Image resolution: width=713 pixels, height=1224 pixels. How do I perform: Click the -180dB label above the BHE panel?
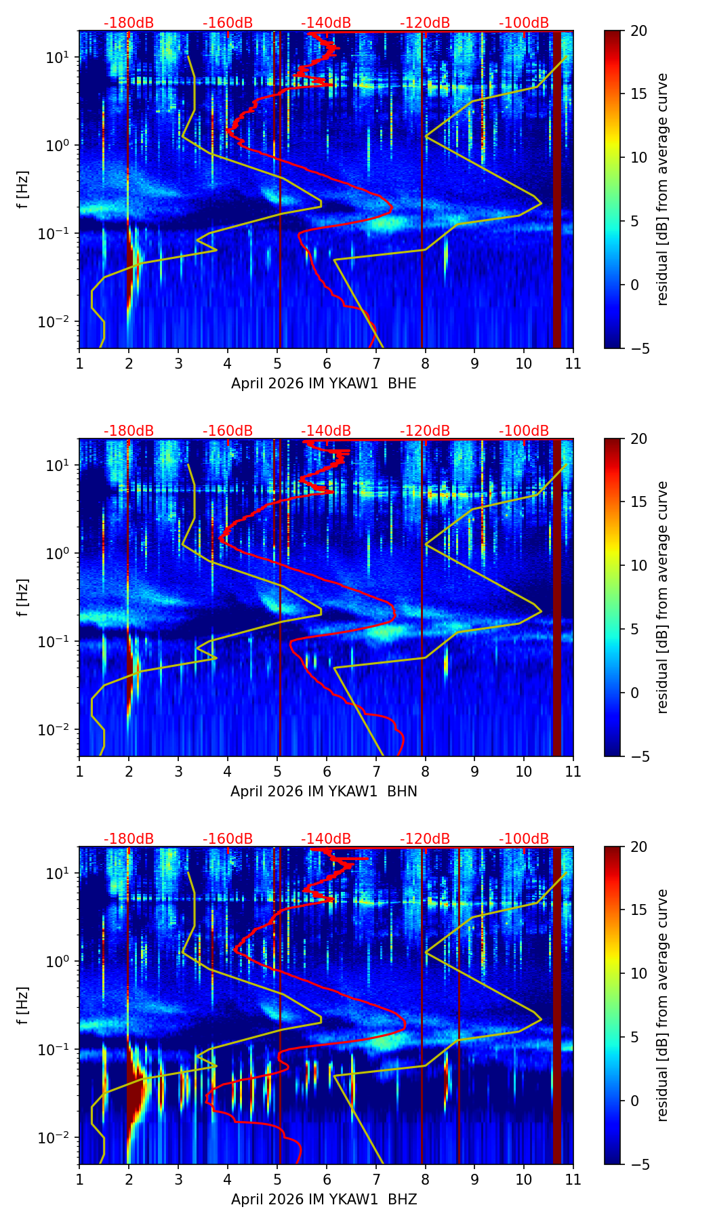click(x=129, y=23)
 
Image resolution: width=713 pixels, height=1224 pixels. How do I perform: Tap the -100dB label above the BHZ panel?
click(x=524, y=839)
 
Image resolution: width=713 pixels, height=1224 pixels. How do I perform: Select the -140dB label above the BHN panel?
click(x=326, y=431)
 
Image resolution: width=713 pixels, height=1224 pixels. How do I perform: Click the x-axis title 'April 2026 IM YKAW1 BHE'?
click(x=323, y=384)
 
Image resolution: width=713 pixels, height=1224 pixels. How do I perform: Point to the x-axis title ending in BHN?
click(x=323, y=792)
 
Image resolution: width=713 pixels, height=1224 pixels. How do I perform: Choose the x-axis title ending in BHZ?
click(x=323, y=1200)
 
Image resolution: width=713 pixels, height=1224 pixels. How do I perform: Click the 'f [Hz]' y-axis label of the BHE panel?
click(x=24, y=190)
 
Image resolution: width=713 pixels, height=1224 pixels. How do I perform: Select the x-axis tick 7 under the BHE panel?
click(x=375, y=364)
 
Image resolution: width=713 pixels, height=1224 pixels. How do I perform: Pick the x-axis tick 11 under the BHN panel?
click(x=573, y=772)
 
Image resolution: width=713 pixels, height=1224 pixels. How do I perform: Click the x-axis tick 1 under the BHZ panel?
click(x=79, y=1180)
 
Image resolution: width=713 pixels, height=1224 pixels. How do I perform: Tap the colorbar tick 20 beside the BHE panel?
click(x=638, y=31)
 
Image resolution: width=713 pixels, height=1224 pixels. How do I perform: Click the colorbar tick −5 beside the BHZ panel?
click(x=638, y=1164)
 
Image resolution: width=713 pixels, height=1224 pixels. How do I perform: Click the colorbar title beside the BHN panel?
click(x=663, y=597)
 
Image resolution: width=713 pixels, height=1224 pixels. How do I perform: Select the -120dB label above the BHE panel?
click(x=425, y=23)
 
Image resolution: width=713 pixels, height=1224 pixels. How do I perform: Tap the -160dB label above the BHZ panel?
click(x=228, y=839)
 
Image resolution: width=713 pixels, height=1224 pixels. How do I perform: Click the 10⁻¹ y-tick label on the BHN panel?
click(x=56, y=641)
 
